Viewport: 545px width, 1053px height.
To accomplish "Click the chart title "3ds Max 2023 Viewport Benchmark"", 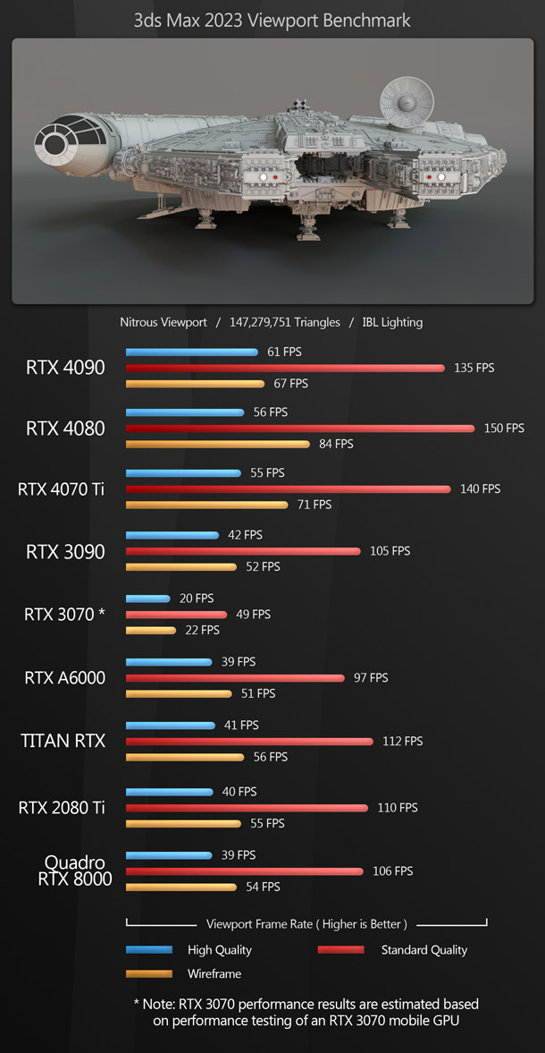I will pos(272,19).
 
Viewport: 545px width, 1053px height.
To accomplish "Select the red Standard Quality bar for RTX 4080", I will pos(300,429).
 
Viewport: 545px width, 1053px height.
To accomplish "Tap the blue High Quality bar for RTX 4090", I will pos(191,352).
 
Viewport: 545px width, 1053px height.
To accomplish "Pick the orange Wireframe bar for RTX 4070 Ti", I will pos(206,505).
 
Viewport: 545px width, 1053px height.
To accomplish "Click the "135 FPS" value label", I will pos(474,368).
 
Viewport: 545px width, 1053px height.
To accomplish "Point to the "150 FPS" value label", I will pos(504,429).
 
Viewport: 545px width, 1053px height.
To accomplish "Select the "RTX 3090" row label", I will pos(65,551).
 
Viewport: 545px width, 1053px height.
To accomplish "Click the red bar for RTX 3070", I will pos(176,615).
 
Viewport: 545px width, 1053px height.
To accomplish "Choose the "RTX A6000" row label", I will pos(65,678).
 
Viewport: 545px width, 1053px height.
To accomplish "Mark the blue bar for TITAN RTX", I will pos(170,726).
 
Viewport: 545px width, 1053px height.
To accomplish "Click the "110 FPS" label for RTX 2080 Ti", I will pos(397,808).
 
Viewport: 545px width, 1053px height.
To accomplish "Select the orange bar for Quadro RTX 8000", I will pos(180,887).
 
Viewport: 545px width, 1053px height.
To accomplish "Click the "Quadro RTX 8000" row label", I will pos(75,870).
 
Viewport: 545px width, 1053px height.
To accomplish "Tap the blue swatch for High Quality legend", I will pos(148,950).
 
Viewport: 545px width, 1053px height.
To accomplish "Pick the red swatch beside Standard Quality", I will pos(340,950).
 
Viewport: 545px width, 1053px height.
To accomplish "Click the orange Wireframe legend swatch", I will pos(148,973).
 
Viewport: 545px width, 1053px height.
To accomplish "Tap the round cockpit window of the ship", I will pos(54,143).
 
